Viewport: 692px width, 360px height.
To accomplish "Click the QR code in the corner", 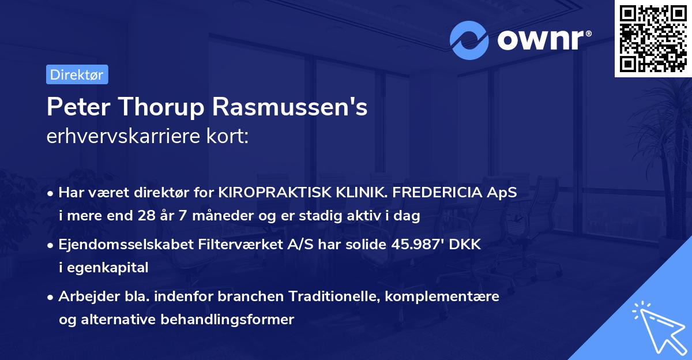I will coord(653,38).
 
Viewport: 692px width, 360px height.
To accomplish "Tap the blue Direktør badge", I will coord(77,74).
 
